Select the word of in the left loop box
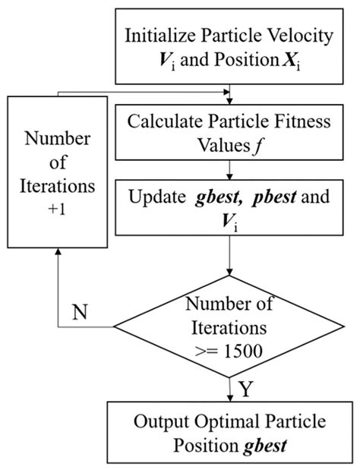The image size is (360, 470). pos(58,162)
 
